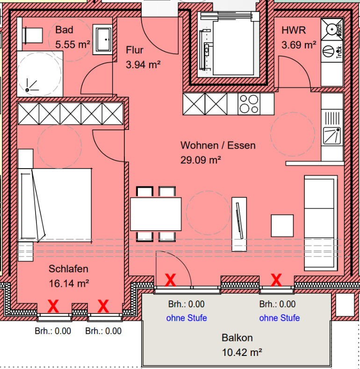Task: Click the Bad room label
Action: (x=64, y=30)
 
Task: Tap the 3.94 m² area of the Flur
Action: (x=143, y=64)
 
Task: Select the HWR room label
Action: (x=294, y=30)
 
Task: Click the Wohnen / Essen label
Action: (x=218, y=145)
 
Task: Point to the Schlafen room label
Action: (x=68, y=269)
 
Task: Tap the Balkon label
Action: (x=237, y=338)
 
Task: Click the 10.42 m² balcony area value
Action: (x=242, y=353)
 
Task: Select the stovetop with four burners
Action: (x=249, y=104)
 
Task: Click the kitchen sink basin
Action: (x=332, y=135)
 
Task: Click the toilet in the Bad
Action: (x=33, y=35)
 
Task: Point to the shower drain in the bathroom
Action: (x=27, y=90)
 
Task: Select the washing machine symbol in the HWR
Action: (x=332, y=29)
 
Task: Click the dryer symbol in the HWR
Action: (x=331, y=51)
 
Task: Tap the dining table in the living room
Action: (x=156, y=214)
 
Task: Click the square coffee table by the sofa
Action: (x=282, y=226)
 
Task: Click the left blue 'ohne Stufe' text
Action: (x=187, y=318)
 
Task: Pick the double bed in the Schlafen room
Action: (x=55, y=205)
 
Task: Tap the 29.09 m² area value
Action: (x=201, y=160)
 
